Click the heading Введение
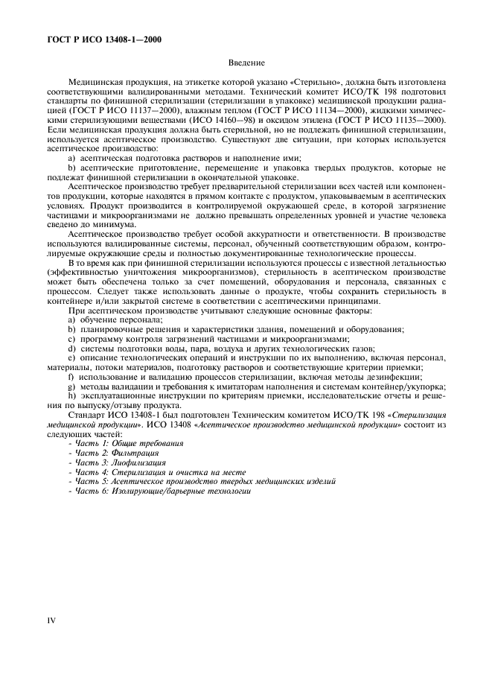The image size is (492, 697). click(x=246, y=64)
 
